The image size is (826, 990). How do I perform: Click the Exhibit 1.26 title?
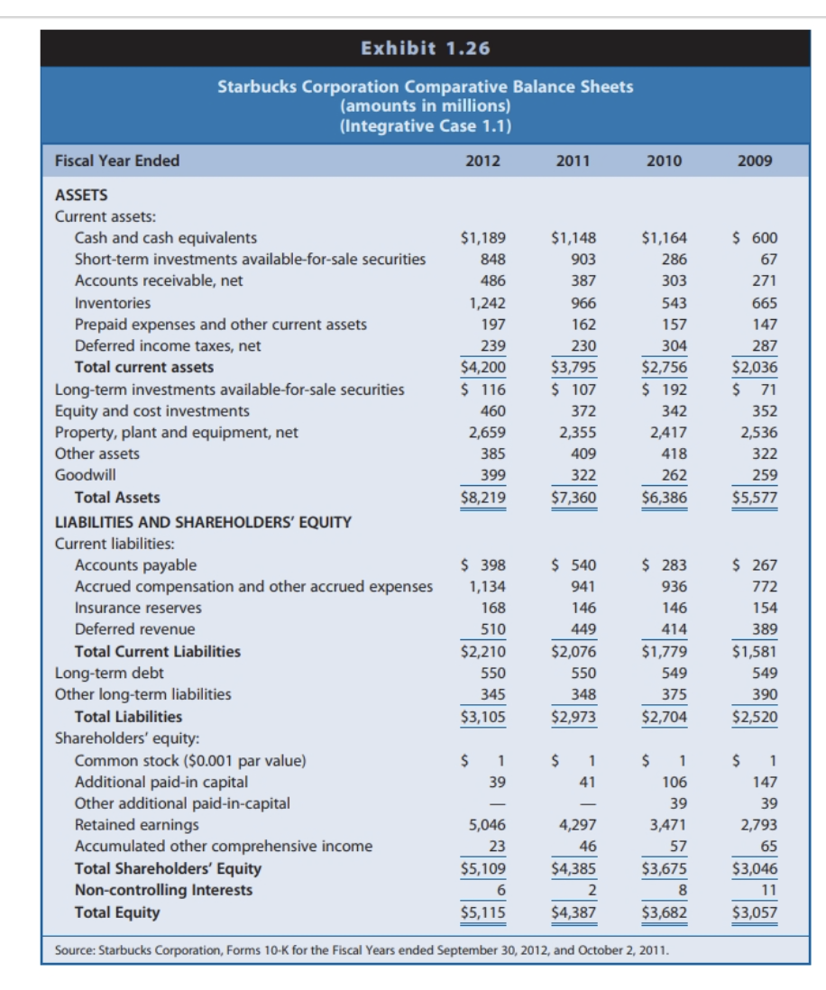(426, 48)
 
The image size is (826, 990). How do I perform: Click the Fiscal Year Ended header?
(117, 161)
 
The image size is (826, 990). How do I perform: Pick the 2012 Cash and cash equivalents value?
(483, 239)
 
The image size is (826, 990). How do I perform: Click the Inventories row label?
(113, 303)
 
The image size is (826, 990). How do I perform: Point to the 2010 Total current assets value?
(664, 367)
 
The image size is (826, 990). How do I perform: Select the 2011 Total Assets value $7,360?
(574, 497)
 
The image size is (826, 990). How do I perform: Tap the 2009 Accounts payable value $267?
(754, 565)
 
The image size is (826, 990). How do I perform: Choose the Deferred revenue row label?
(134, 629)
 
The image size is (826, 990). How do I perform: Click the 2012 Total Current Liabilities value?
(483, 651)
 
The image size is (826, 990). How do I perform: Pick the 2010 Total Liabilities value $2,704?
(664, 717)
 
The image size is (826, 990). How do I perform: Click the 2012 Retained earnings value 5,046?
(487, 825)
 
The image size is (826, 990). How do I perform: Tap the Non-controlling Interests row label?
(163, 890)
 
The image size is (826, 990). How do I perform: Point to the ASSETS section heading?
(81, 195)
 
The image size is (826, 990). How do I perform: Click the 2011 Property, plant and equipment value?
(577, 433)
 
